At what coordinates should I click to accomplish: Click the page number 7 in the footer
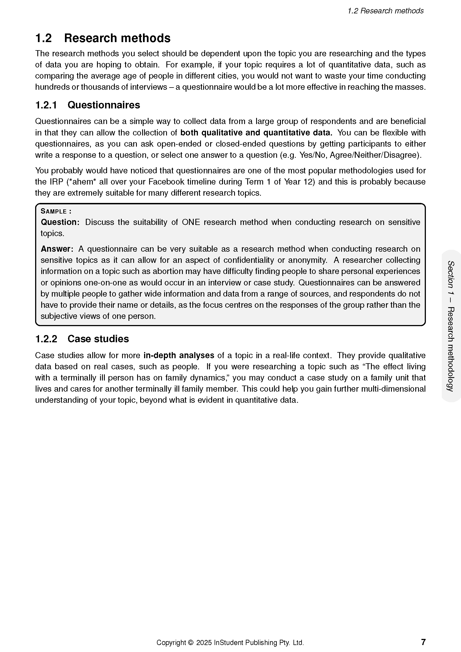423,642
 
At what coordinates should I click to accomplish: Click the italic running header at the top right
385,11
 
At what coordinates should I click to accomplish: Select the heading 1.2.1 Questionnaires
88,105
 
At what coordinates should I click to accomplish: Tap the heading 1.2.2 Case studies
82,339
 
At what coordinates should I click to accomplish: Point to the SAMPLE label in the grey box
56,211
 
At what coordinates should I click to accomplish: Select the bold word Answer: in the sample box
57,249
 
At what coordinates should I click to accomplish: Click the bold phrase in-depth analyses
179,355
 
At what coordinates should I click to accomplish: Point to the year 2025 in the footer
204,643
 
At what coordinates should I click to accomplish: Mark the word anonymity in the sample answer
307,260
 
